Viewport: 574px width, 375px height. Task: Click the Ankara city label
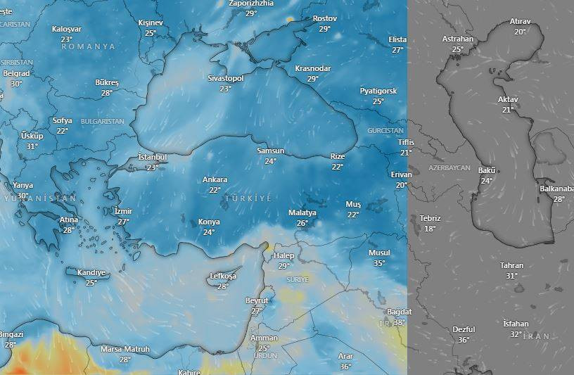[x=215, y=180]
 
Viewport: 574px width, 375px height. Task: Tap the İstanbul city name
[x=152, y=156]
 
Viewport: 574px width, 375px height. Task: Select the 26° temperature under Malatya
[x=302, y=223]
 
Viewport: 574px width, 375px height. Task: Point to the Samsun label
[x=270, y=151]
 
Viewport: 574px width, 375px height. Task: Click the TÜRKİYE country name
[x=248, y=199]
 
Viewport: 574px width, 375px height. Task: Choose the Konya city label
[x=209, y=222]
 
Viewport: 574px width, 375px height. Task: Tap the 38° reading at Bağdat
[x=400, y=322]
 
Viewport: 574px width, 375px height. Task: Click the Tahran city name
[x=511, y=265]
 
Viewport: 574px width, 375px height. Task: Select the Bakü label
[x=487, y=170]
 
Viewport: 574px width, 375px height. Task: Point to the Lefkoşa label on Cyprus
[x=223, y=277]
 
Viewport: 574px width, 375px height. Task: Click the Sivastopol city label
[x=225, y=79]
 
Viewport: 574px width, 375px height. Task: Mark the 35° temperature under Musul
[x=379, y=263]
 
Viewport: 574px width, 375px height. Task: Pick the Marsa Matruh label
[x=125, y=349]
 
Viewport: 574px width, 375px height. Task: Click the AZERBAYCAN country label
[x=449, y=169]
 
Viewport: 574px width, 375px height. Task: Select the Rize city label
[x=338, y=157]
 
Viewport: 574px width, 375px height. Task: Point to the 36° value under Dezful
[x=464, y=340]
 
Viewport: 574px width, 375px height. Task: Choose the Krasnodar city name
[x=312, y=68]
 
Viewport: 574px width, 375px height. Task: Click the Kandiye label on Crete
[x=91, y=273]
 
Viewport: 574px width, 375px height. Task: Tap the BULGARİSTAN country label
[x=103, y=121]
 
